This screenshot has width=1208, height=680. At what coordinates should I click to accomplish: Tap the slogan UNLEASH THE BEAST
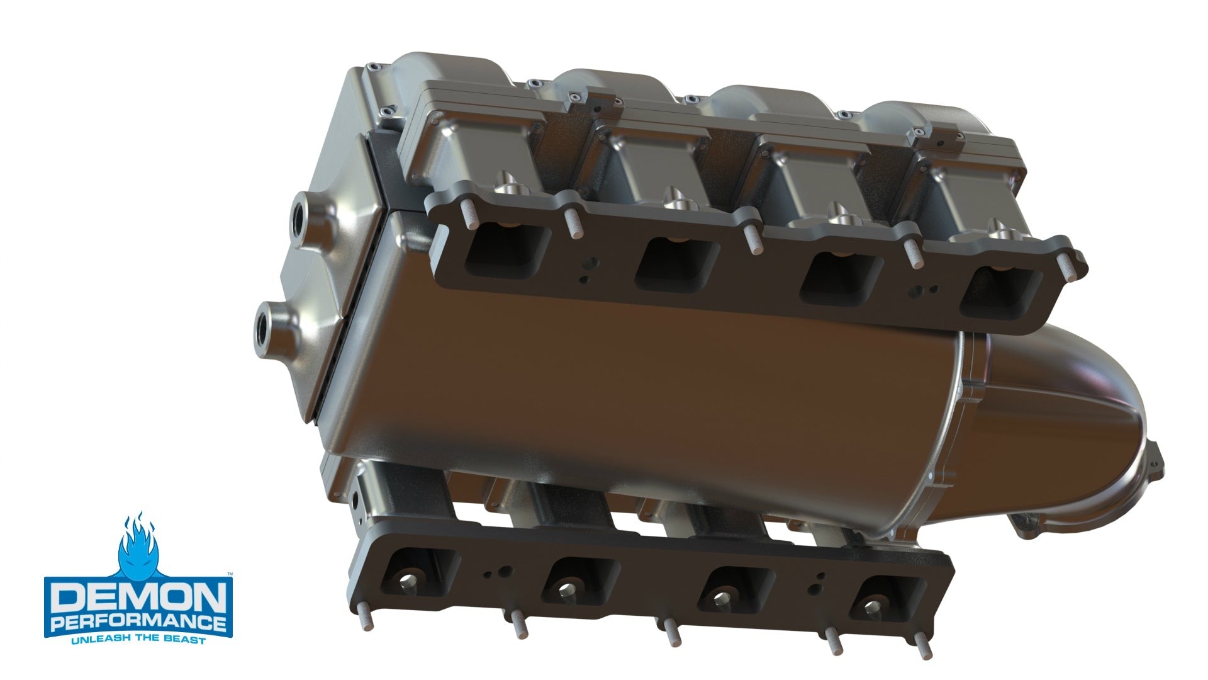coord(138,640)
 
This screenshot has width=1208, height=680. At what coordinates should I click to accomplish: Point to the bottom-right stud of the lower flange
coord(924,649)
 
